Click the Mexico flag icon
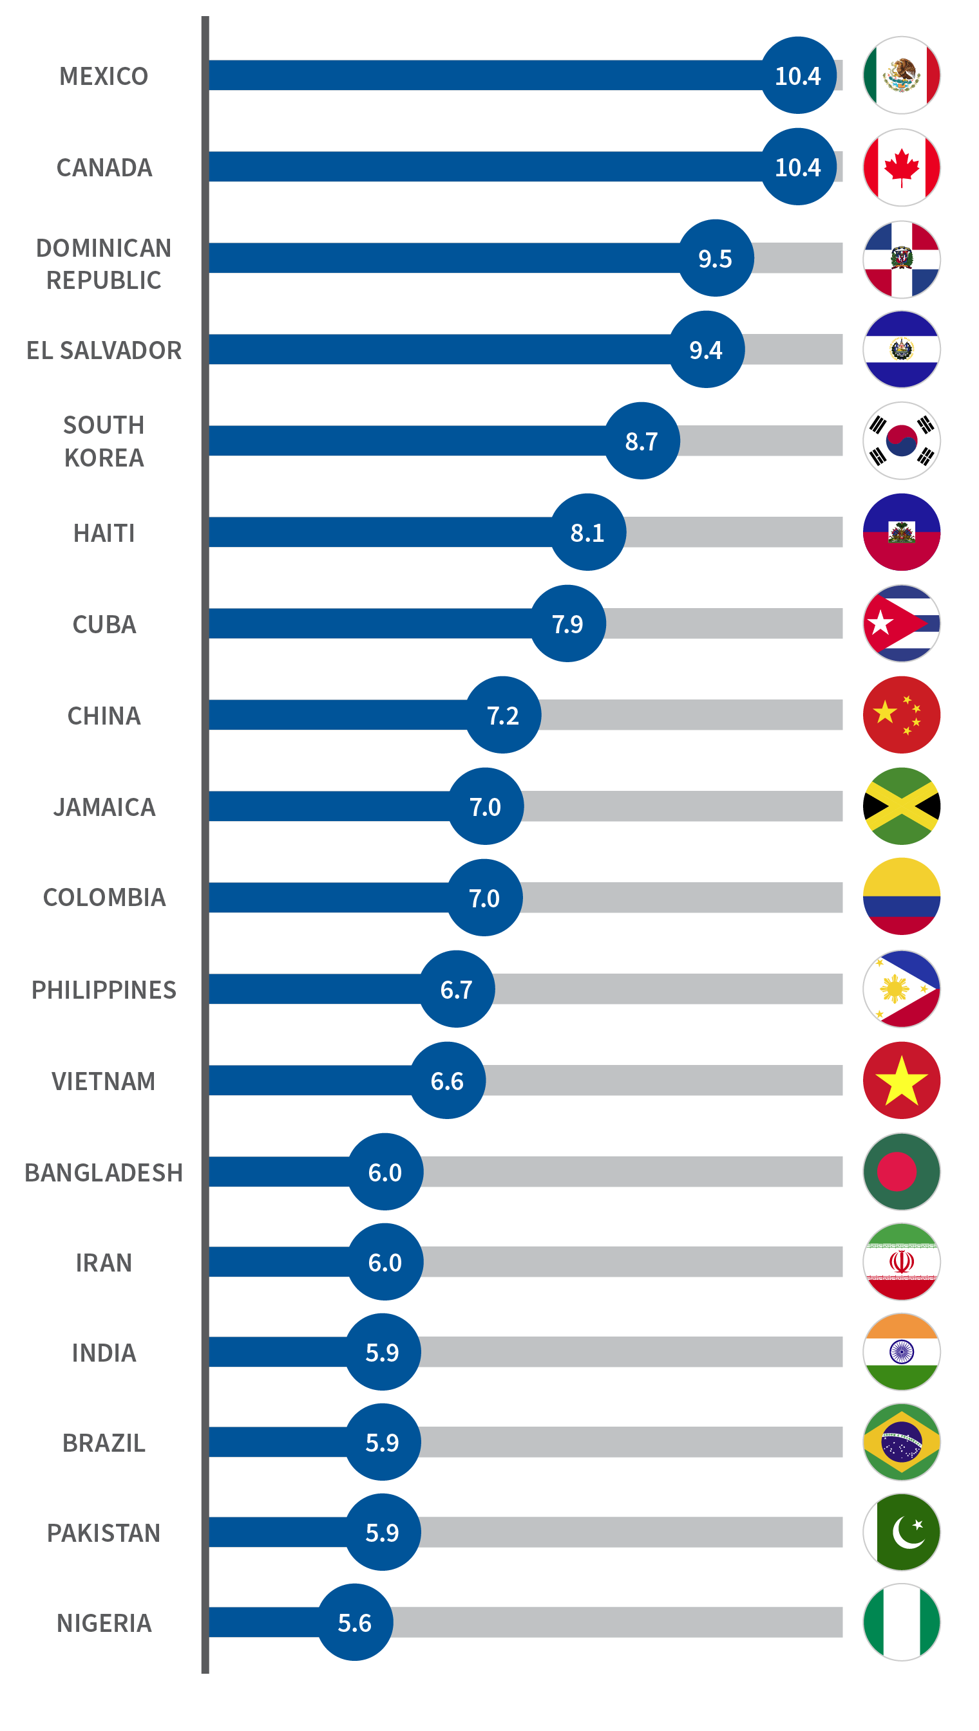(901, 75)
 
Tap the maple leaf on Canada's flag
(901, 166)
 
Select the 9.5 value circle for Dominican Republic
(716, 258)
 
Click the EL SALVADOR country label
(104, 350)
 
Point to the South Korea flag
(901, 441)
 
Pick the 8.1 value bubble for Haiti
(587, 532)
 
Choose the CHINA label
(104, 716)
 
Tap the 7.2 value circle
(503, 715)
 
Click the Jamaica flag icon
(901, 806)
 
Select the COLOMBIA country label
(104, 897)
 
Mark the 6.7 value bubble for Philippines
(457, 989)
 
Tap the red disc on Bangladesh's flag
(897, 1171)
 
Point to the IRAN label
(104, 1263)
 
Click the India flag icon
(901, 1351)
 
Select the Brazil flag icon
(901, 1442)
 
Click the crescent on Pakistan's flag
(907, 1533)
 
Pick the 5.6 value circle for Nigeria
(355, 1623)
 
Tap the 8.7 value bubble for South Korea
(642, 441)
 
